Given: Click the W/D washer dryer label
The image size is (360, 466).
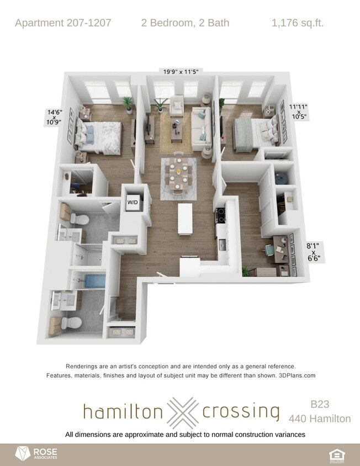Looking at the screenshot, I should (x=133, y=202).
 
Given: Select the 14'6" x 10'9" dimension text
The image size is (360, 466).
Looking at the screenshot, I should (x=54, y=117).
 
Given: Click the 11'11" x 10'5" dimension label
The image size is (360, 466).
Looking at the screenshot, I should (x=299, y=112).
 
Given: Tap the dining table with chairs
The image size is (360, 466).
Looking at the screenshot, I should (x=176, y=177).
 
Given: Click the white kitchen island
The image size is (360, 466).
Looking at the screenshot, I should (x=184, y=218).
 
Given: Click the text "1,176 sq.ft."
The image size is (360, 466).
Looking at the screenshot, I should (x=298, y=23).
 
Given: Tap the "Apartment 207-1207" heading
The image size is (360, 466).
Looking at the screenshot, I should (x=63, y=23).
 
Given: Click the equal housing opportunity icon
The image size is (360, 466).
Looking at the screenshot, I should (x=336, y=454).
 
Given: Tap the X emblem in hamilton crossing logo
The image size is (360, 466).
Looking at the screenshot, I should (x=182, y=412).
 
